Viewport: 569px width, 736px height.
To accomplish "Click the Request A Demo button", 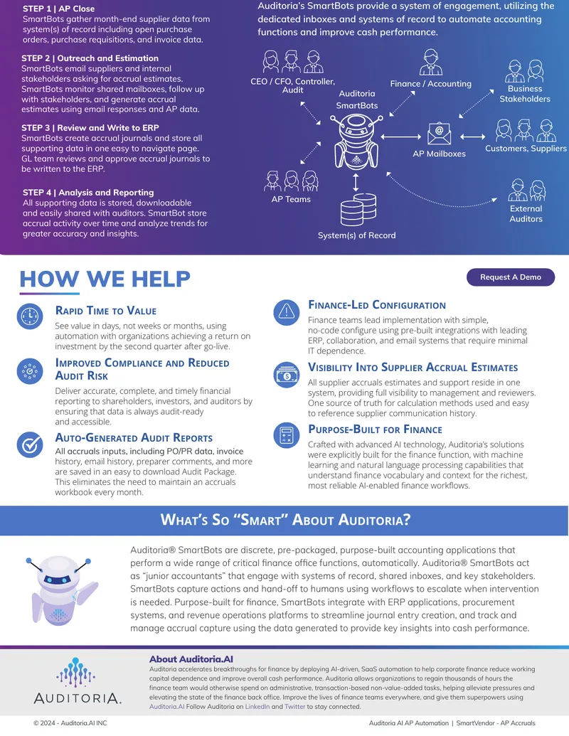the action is [510, 277].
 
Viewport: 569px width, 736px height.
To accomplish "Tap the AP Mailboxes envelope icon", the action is [439, 133].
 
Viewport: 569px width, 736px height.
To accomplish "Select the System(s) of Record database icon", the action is [358, 209].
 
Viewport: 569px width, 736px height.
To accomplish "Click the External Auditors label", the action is [526, 213].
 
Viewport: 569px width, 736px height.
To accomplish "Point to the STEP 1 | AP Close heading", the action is [59, 9].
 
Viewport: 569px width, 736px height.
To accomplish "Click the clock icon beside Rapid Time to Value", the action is [30, 316].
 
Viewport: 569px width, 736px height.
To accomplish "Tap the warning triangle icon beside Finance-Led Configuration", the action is [287, 312].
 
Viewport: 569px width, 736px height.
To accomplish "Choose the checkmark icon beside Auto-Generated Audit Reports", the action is [30, 444].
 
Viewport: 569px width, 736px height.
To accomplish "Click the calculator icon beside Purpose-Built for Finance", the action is [287, 434].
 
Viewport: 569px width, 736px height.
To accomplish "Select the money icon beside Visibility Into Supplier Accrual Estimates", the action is [287, 375].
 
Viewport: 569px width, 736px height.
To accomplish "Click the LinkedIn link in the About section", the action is [257, 706].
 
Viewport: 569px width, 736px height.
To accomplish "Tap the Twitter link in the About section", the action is [295, 706].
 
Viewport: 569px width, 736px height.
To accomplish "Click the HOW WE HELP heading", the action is [105, 279].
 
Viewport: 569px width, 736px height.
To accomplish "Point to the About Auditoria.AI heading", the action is [191, 659].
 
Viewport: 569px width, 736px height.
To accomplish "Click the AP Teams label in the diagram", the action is [291, 199].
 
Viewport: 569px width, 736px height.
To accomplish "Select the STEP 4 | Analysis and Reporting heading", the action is [88, 192].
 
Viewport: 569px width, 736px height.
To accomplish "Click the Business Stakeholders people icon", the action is [524, 71].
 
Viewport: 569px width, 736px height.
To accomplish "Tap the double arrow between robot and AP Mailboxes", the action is [401, 137].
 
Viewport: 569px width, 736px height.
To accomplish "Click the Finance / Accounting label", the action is [430, 83].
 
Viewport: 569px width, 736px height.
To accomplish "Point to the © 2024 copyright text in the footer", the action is [70, 723].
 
